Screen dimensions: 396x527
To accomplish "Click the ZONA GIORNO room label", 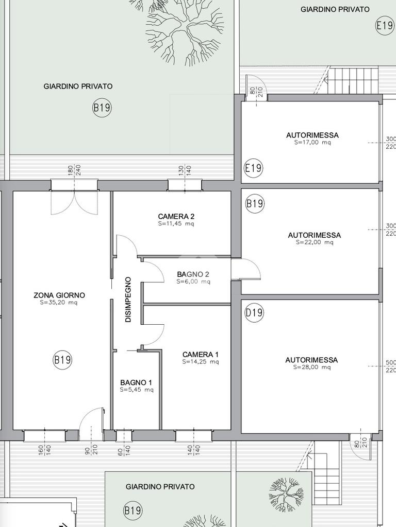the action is [59, 295].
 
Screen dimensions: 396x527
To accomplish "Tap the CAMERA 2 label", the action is [176, 216].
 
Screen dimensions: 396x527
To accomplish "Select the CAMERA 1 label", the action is [201, 354].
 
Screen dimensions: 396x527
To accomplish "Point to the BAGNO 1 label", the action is [136, 382].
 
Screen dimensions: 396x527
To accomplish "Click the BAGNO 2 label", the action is [193, 274].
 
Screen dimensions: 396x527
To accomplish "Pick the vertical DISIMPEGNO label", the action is [128, 300].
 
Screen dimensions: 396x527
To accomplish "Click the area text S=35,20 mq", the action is [59, 303].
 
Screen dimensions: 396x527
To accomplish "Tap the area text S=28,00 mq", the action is [312, 367].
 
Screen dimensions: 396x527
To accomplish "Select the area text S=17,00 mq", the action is [312, 142].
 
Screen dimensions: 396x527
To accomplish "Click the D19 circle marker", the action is [254, 313].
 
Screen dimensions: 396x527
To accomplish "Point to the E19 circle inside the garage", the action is [253, 168].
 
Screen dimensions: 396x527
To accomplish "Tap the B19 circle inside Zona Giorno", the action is [62, 360].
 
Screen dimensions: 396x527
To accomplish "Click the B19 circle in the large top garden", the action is [102, 108].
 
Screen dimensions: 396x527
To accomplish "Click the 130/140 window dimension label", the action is [185, 170].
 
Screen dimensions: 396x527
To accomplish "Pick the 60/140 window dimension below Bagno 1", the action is [124, 450].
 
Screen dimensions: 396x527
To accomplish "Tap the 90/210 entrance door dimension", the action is [91, 450].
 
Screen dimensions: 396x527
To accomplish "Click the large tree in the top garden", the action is [185, 29].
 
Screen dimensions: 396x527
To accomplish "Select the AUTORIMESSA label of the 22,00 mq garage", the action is [314, 235].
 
